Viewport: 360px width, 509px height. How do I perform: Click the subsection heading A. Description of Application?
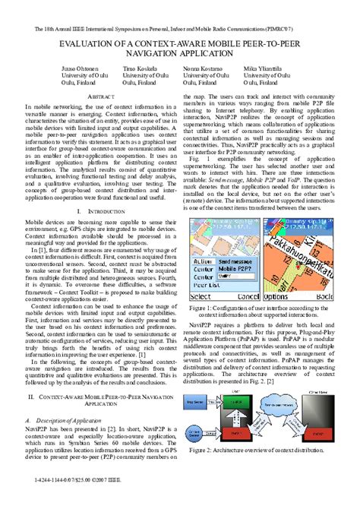(x=65, y=419)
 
